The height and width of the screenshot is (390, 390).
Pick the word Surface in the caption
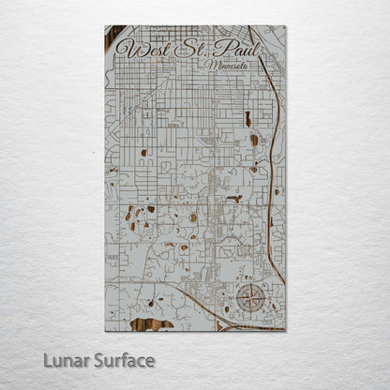[x=124, y=360]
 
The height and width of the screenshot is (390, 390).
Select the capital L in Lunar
[x=47, y=360]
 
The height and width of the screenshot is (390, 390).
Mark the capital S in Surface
[x=98, y=360]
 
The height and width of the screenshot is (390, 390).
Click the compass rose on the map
[x=250, y=300]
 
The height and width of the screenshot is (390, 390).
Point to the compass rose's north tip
[x=250, y=287]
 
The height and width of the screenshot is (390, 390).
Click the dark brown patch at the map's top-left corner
[x=112, y=37]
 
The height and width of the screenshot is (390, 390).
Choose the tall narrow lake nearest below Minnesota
[x=248, y=119]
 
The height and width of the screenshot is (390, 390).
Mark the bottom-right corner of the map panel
[x=286, y=331]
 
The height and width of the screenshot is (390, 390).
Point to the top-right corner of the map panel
[x=286, y=26]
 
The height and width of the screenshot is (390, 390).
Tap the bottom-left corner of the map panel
[x=105, y=331]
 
